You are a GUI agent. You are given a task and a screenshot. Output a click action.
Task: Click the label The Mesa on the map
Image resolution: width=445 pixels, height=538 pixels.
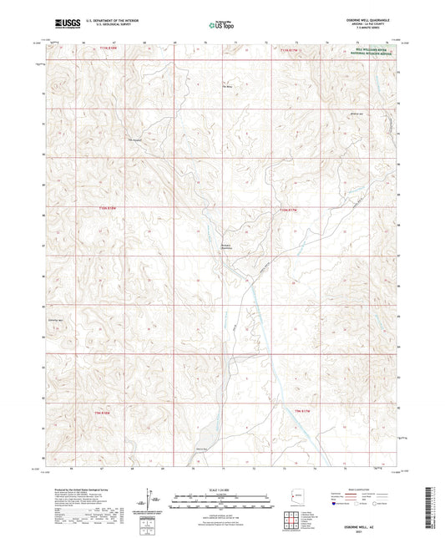coord(226,86)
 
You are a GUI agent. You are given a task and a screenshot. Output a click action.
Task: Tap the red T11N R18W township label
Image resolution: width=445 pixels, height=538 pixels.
coord(109,49)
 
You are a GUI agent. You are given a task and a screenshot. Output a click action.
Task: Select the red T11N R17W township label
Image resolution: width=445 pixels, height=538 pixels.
coord(287,49)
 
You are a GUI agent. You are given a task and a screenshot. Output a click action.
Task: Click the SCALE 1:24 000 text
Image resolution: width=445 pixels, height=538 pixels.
coord(222,489)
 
